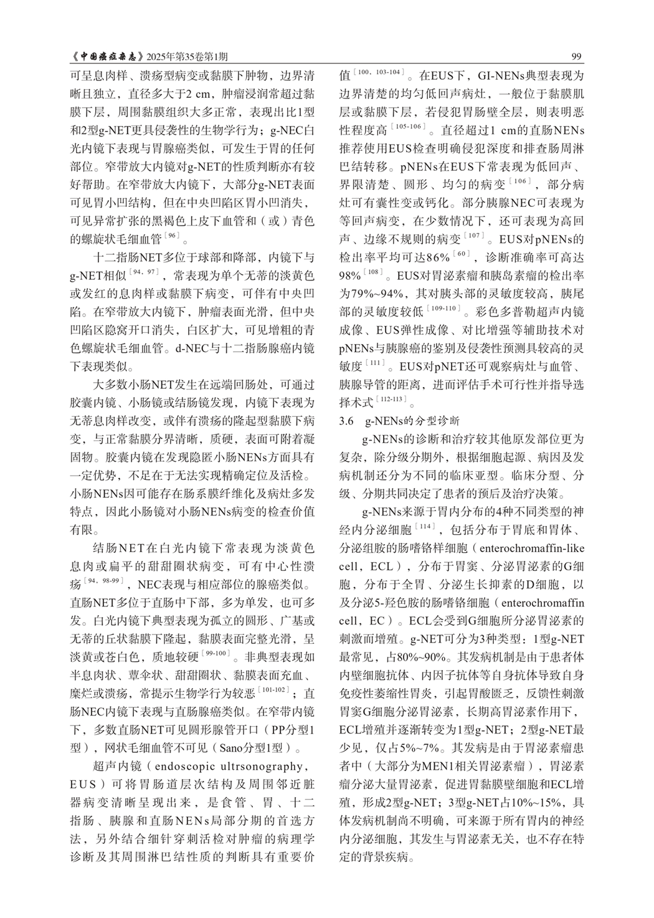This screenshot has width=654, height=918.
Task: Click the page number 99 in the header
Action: [575, 57]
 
